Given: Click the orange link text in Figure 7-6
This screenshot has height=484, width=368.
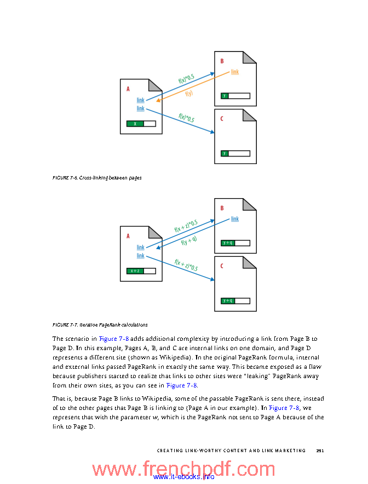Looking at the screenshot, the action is (235, 72).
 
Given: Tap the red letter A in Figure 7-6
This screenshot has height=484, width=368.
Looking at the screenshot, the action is (128, 89).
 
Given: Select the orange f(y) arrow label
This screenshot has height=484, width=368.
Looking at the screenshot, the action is (189, 93).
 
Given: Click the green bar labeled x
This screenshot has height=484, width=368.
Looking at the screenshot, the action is (135, 124).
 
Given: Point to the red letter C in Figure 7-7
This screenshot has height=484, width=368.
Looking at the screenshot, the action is (222, 266).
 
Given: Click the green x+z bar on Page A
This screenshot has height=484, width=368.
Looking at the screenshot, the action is (135, 271).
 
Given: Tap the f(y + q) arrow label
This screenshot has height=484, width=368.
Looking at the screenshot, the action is (189, 240).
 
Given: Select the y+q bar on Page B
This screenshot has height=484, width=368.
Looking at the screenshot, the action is (228, 243).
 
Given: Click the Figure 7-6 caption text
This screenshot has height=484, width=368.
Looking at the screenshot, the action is (97, 178).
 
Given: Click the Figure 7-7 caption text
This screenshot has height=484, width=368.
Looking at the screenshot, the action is (100, 325).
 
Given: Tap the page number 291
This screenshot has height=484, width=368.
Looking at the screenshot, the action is (320, 451).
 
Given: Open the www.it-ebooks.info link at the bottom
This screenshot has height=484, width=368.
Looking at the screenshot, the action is (183, 477).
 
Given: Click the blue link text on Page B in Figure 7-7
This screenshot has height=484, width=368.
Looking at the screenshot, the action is (235, 219).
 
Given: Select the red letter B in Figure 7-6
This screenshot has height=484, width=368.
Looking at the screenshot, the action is (222, 61).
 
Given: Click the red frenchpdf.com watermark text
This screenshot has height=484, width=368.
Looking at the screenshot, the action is (183, 469).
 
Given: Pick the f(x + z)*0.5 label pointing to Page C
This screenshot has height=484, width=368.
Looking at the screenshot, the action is (186, 265).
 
